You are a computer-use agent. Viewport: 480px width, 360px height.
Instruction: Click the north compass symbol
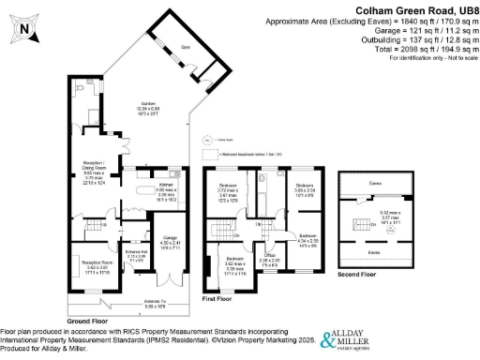click(23, 31)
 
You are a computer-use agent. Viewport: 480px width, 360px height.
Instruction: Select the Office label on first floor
click(270, 259)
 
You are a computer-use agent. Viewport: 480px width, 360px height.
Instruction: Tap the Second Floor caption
click(356, 277)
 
